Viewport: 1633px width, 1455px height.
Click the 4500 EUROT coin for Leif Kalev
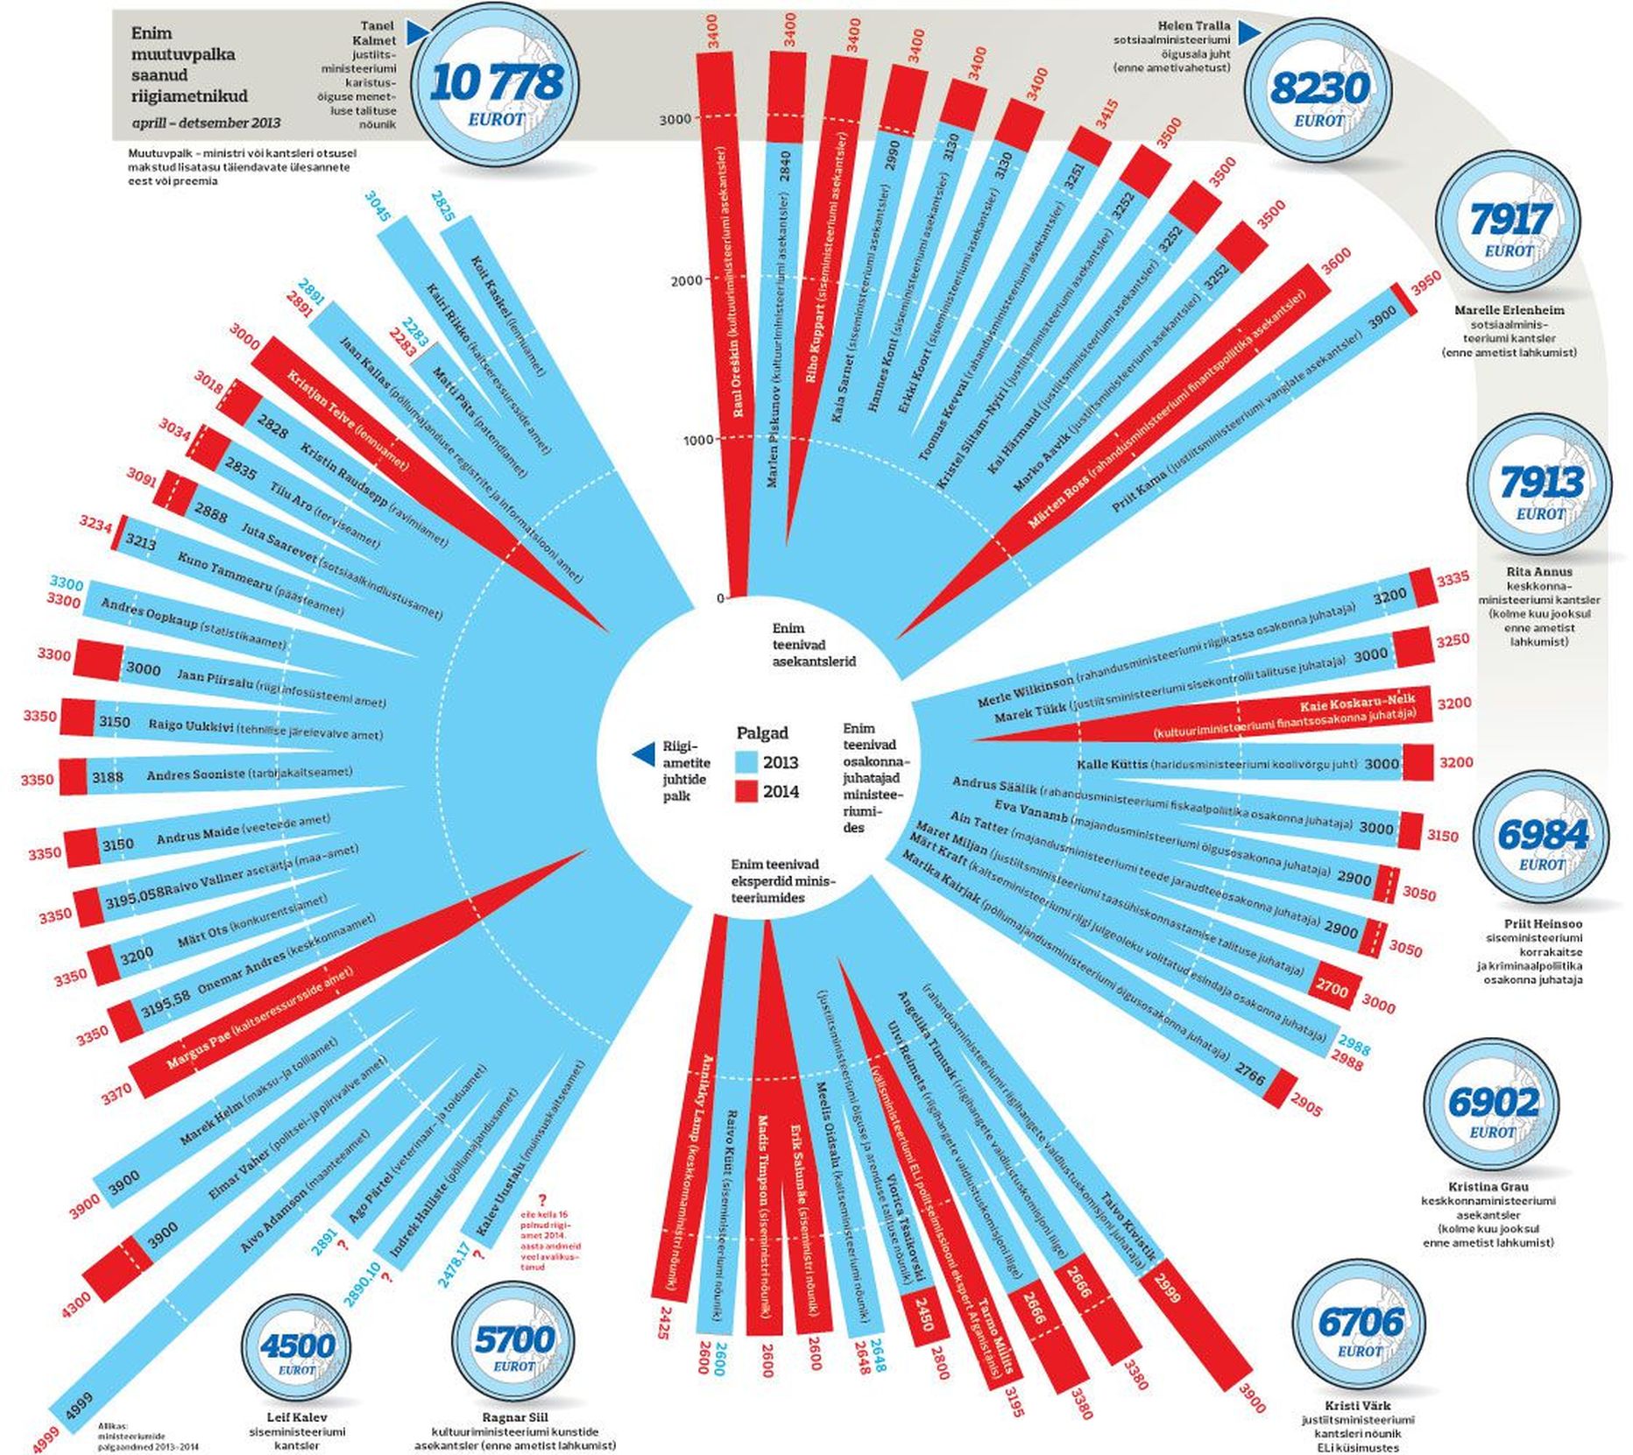pyautogui.click(x=298, y=1349)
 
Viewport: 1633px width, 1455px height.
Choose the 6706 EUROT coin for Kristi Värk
pyautogui.click(x=1360, y=1328)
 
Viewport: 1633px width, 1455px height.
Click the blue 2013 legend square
pyautogui.click(x=746, y=762)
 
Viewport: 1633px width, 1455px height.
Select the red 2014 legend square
pyautogui.click(x=746, y=792)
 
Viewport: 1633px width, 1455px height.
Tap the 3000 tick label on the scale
pyautogui.click(x=675, y=120)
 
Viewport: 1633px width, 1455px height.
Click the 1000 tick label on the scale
pyautogui.click(x=698, y=440)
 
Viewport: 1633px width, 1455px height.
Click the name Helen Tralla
pyautogui.click(x=1193, y=26)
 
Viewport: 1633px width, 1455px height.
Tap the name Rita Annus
pyautogui.click(x=1539, y=572)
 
